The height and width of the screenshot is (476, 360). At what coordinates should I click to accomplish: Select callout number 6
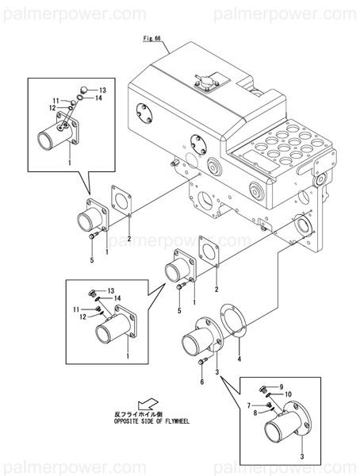[201, 382]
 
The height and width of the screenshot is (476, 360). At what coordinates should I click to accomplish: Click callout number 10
[288, 394]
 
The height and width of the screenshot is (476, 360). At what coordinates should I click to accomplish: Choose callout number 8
[255, 413]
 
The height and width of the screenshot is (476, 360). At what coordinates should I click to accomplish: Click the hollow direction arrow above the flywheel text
[147, 404]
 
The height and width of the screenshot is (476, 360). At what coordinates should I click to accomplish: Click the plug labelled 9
[263, 388]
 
